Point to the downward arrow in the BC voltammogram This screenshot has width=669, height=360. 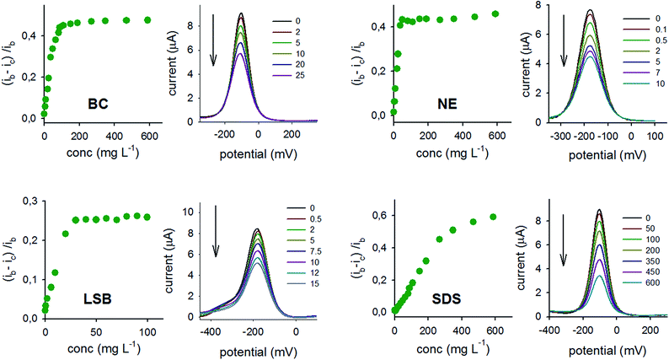coord(214,46)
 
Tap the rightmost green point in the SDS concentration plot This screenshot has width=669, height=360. coord(493,217)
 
